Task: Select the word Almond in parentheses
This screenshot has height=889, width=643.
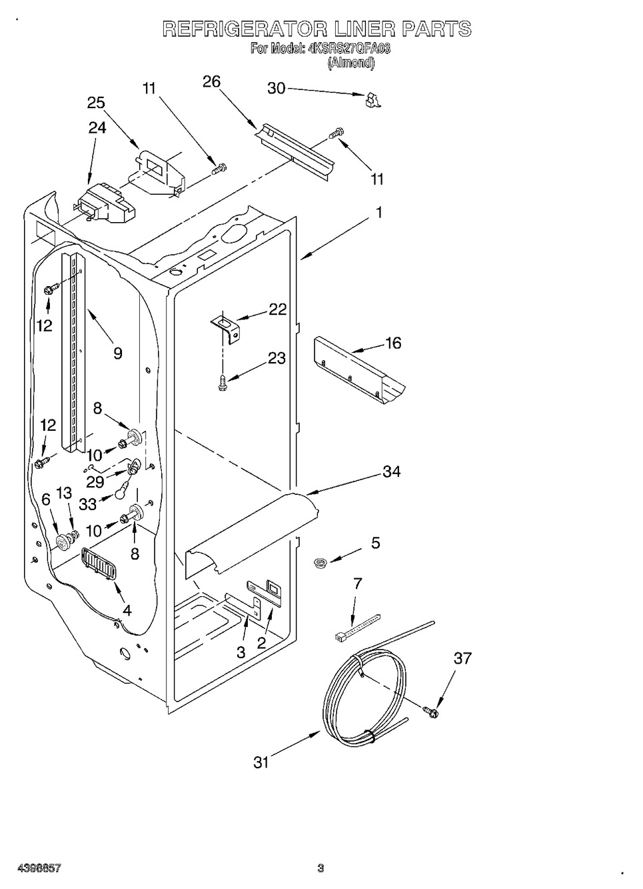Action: click(x=351, y=63)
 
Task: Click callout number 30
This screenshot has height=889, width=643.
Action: click(x=277, y=88)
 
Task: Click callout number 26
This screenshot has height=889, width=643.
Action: click(x=211, y=82)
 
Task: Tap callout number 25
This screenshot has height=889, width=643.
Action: click(x=96, y=103)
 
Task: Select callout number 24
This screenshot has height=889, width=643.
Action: click(x=97, y=128)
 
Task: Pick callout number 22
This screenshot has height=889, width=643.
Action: click(x=277, y=309)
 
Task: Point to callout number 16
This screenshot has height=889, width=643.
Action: click(x=393, y=343)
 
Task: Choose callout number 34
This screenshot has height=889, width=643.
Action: click(x=391, y=472)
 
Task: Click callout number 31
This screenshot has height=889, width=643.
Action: click(x=261, y=762)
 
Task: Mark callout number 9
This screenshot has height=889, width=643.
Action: click(x=118, y=353)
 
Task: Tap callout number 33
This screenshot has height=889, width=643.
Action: click(x=87, y=504)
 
